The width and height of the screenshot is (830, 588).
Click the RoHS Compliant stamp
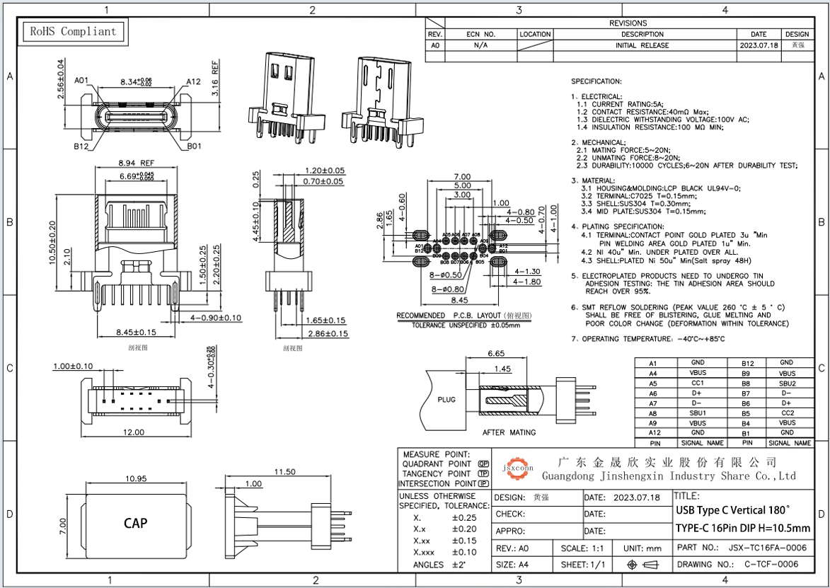pyautogui.click(x=71, y=32)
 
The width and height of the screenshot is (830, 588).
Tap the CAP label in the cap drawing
pyautogui.click(x=135, y=523)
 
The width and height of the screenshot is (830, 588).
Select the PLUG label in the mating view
pyautogui.click(x=446, y=399)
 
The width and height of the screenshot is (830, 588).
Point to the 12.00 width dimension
pyautogui.click(x=133, y=432)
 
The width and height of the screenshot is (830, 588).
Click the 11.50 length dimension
pyautogui.click(x=284, y=472)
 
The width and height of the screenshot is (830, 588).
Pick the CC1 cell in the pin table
pyautogui.click(x=697, y=383)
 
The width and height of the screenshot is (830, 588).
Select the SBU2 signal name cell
pyautogui.click(x=787, y=383)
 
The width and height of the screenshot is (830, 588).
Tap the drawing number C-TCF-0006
pyautogui.click(x=771, y=564)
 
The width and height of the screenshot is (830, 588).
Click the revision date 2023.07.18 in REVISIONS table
pyautogui.click(x=759, y=45)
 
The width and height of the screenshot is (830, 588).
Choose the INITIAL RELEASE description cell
pyautogui.click(x=642, y=45)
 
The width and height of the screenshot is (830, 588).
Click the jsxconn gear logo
pyautogui.click(x=518, y=467)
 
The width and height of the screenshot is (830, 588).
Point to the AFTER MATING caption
pyautogui.click(x=509, y=432)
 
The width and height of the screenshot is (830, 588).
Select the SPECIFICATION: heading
pyautogui.click(x=596, y=81)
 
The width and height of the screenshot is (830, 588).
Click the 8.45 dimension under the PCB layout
pyautogui.click(x=461, y=299)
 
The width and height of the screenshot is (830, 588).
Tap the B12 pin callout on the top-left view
pyautogui.click(x=80, y=146)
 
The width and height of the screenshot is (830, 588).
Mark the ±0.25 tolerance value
pyautogui.click(x=463, y=517)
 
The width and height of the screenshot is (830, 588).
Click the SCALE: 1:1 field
pyautogui.click(x=582, y=548)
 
